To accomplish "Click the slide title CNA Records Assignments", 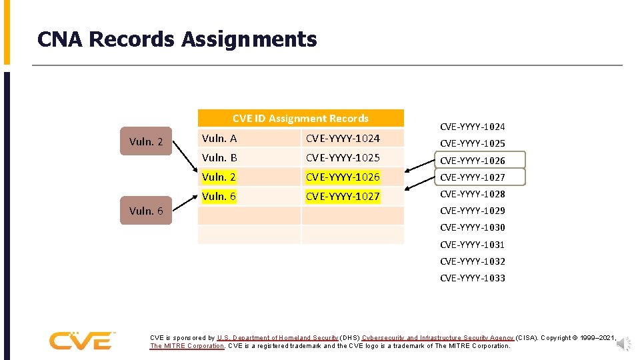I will [x=177, y=39].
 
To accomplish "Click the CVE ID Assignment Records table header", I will [x=300, y=119].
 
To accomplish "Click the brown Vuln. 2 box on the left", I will [x=146, y=141].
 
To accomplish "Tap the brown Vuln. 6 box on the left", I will [x=146, y=211].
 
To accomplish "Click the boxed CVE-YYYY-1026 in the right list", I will [x=473, y=161].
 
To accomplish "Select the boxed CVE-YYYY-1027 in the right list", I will [x=473, y=177].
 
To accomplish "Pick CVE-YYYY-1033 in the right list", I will [x=473, y=278].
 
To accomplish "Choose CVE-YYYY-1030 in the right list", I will [x=473, y=227].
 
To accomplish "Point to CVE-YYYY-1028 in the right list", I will [x=473, y=194].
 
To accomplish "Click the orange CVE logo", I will [x=81, y=340].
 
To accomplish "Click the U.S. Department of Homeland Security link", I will [x=277, y=338].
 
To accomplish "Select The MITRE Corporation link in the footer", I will [x=187, y=346].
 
